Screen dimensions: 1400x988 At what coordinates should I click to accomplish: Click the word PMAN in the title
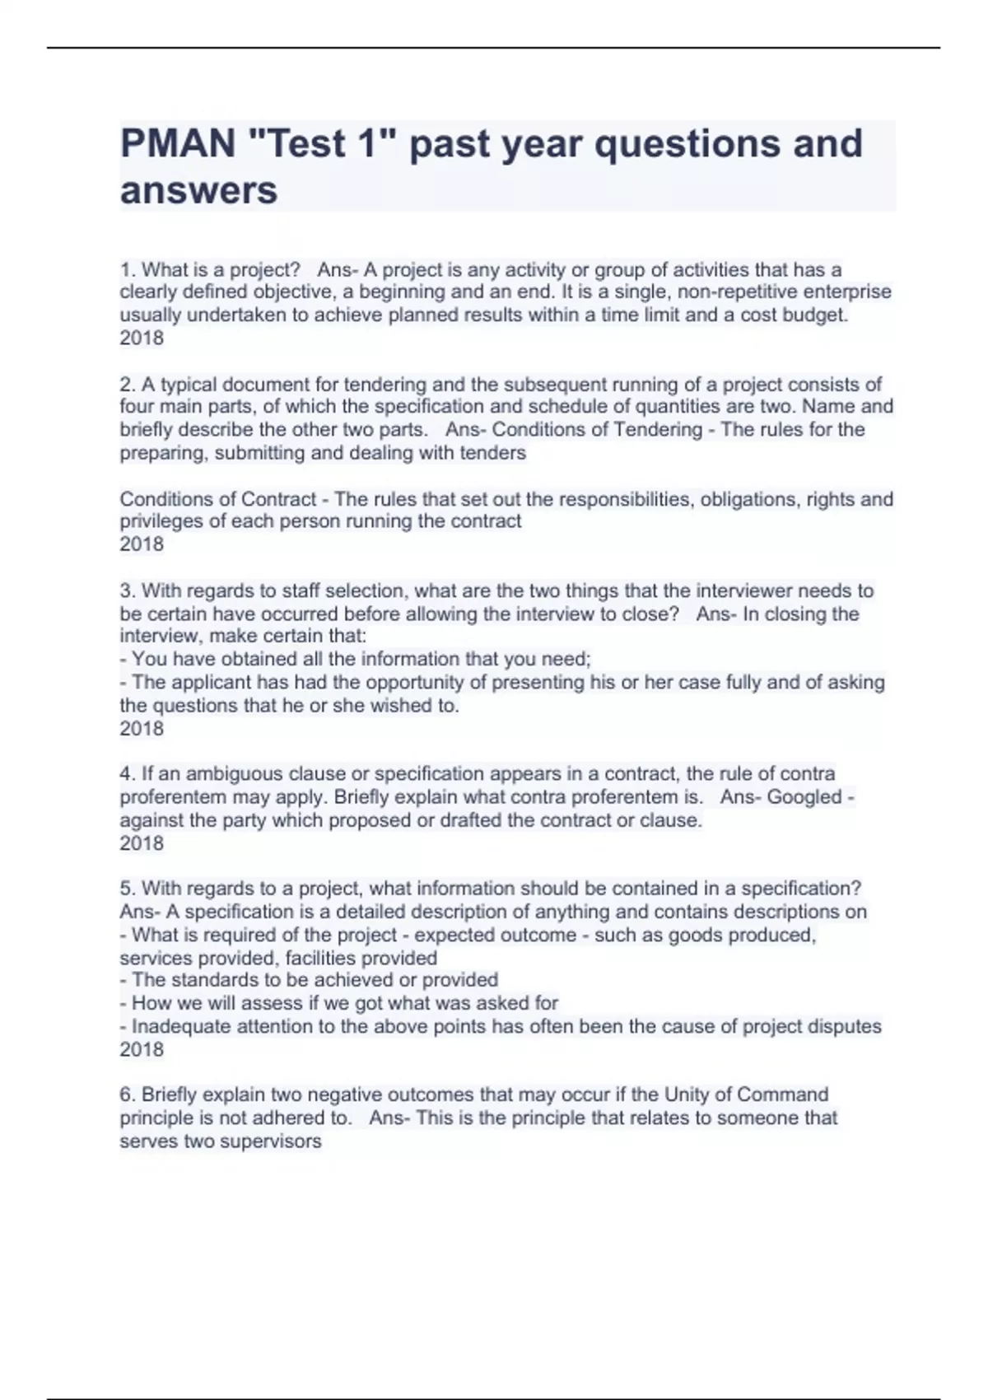click(x=178, y=143)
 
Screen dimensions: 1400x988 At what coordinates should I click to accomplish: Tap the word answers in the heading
click(x=198, y=190)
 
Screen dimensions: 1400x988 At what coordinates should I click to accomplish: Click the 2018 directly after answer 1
click(x=142, y=338)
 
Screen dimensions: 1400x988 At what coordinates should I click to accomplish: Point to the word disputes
click(x=847, y=1026)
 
